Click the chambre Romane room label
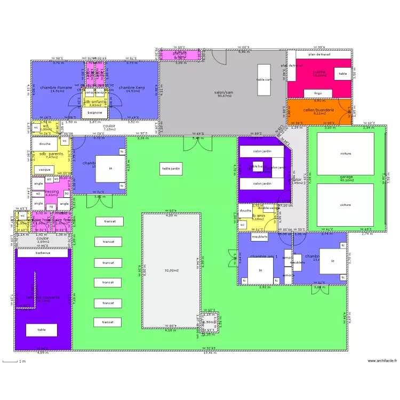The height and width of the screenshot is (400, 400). click(57, 87)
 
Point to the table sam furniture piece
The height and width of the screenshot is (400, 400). click(264, 79)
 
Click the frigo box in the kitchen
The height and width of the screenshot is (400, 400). click(318, 93)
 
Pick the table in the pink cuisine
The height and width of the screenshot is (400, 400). click(343, 74)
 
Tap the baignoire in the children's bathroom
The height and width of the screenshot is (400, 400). click(95, 113)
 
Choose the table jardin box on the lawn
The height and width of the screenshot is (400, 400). click(172, 169)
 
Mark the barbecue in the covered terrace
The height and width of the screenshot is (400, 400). click(43, 253)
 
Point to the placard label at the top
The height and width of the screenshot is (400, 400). click(180, 53)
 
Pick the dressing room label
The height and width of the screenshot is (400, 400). click(52, 191)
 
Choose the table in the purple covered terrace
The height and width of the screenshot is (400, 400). click(42, 330)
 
